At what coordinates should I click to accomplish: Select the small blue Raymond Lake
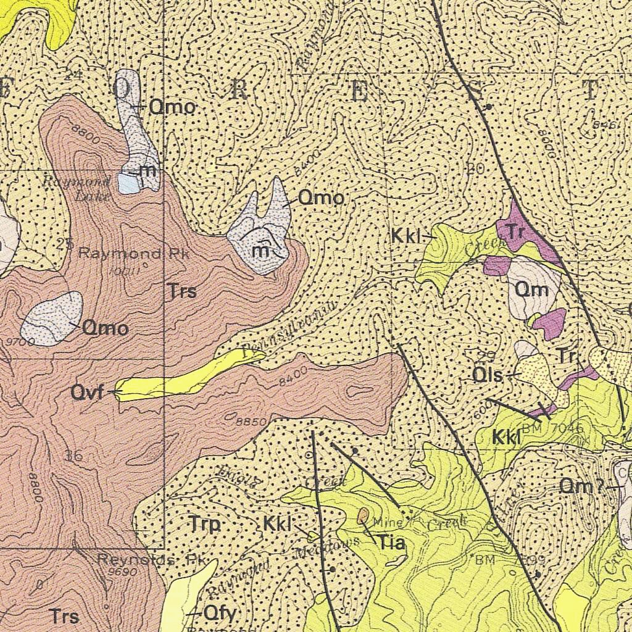click(128, 183)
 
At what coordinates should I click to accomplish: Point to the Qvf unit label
click(87, 392)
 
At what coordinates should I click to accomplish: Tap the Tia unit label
click(391, 543)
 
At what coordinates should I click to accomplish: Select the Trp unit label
click(205, 525)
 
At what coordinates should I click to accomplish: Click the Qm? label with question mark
click(581, 486)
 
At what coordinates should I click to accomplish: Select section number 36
click(73, 456)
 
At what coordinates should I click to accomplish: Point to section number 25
click(65, 243)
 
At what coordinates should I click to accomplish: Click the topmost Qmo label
click(172, 107)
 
